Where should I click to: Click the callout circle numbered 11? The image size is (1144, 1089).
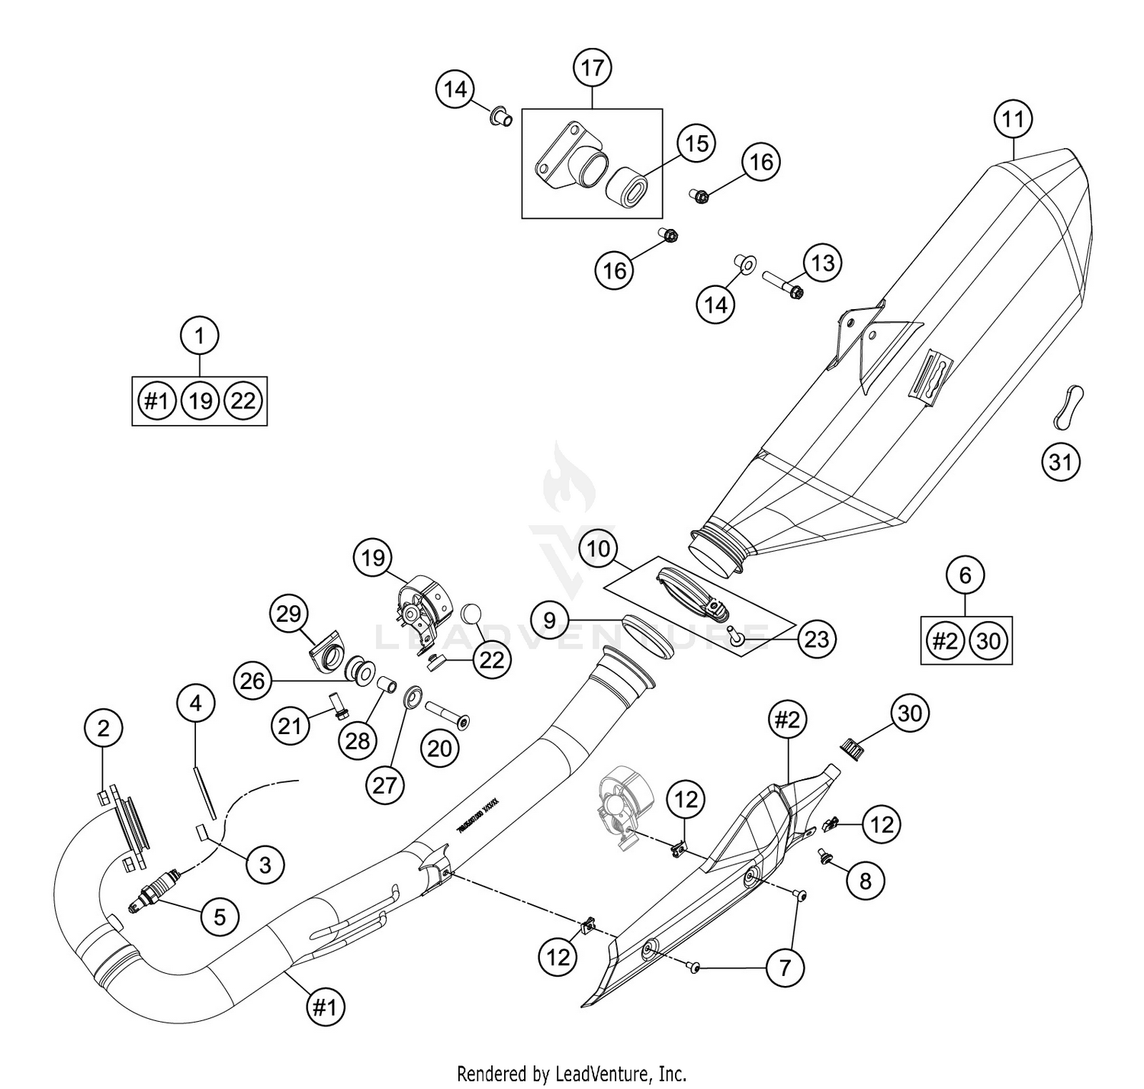[1012, 119]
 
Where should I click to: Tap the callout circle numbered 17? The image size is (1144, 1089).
[592, 68]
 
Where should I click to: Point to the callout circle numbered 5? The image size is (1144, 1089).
[220, 915]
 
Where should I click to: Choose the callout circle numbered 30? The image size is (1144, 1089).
[910, 713]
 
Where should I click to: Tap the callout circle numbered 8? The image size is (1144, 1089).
[865, 881]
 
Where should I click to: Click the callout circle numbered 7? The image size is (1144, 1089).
[785, 968]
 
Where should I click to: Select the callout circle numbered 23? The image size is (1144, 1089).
[816, 638]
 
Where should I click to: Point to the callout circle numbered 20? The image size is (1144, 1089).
[439, 748]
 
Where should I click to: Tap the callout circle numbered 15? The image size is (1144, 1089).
[696, 143]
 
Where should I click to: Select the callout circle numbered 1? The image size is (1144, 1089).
[200, 335]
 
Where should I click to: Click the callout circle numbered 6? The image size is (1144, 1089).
[965, 575]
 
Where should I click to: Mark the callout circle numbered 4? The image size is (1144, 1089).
[196, 703]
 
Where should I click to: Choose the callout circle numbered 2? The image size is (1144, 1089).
[103, 728]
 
